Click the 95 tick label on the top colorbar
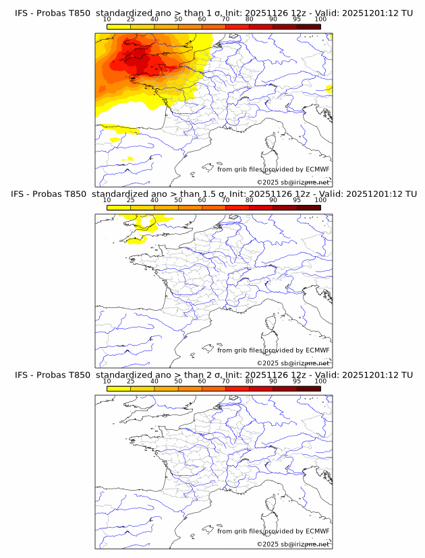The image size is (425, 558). coord(297,19)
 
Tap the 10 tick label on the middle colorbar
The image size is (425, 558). coord(107,199)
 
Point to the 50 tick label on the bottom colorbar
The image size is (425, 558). coord(178,381)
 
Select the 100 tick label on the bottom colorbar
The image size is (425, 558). coord(320,381)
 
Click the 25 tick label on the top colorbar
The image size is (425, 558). coord(130,19)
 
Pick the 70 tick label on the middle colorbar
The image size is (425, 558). coord(225,199)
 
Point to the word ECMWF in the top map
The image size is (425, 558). coord(317,169)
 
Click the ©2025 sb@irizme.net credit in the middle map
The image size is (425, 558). coord(293,363)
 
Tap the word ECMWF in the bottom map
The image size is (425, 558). coord(317,531)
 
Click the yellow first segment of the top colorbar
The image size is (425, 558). coord(119,27)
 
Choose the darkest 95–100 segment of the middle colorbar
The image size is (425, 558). coord(308,208)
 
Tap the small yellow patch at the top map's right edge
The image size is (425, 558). coord(329,88)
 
